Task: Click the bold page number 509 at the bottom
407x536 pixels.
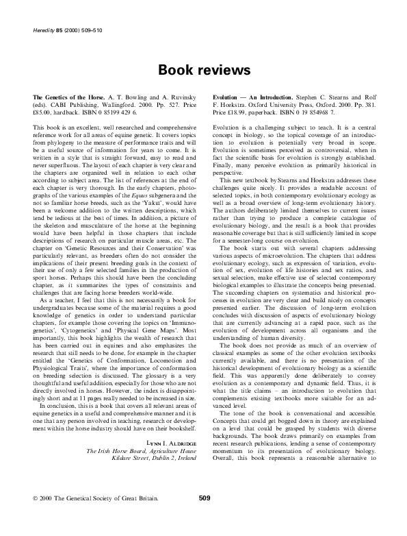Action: click(x=203, y=517)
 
